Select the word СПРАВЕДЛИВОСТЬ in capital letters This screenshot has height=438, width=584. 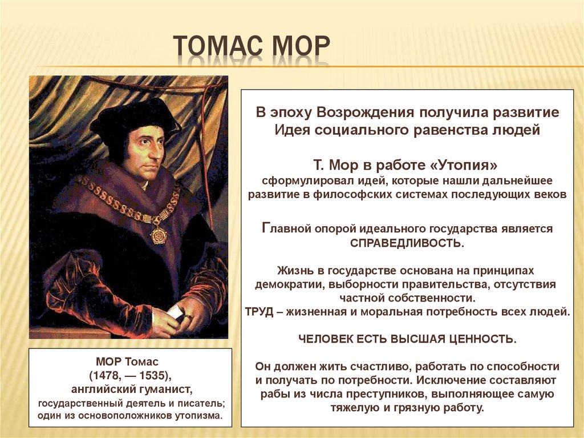pos(407,243)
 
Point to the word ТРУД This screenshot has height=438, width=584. pos(260,312)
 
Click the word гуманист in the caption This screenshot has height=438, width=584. pos(168,389)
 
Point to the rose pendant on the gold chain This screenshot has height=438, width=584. pos(159,234)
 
